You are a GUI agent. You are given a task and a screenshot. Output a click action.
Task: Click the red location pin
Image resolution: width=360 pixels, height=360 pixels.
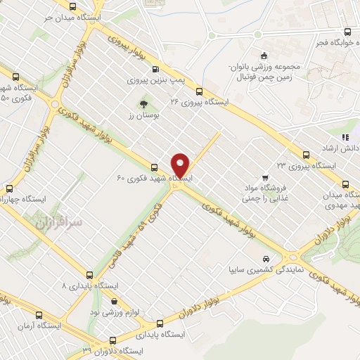tap(181, 165)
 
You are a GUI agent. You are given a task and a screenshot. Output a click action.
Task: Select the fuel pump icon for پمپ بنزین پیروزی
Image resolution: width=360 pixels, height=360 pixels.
tap(155, 69)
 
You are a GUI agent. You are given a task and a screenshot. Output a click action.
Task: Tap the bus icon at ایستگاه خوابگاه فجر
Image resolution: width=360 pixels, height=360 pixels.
tap(347, 32)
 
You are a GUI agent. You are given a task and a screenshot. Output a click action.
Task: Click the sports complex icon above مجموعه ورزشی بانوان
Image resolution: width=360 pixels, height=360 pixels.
tap(264, 56)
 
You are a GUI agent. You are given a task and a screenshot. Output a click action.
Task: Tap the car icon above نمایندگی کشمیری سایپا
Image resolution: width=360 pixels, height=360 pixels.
tap(264, 258)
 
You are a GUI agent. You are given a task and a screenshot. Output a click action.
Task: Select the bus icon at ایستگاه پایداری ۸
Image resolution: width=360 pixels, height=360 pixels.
tap(89, 275)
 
